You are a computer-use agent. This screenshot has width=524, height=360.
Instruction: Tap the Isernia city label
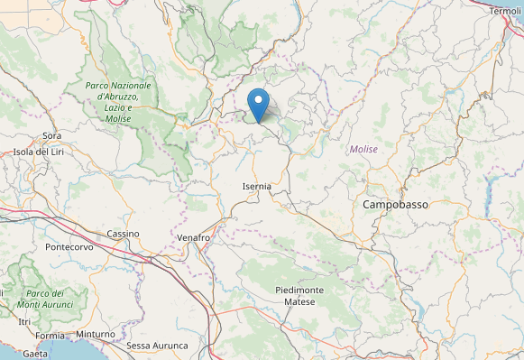[257, 186]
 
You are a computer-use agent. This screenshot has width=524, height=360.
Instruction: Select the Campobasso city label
[395, 205]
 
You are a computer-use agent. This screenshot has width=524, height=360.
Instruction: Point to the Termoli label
[506, 11]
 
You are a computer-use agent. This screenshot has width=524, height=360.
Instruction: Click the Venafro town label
[192, 238]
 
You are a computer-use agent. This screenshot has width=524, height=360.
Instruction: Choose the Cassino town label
[123, 234]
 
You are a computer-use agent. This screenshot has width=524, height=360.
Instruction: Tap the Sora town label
[51, 136]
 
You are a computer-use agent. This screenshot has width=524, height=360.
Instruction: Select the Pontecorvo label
[70, 246]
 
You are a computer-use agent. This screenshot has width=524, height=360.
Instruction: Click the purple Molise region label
[363, 149]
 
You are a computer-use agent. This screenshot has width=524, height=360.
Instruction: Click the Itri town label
[24, 322]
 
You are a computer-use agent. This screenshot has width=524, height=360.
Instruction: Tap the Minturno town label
[96, 335]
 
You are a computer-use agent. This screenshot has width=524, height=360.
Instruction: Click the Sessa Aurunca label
[157, 346]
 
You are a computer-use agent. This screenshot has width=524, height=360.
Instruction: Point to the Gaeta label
[34, 353]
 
